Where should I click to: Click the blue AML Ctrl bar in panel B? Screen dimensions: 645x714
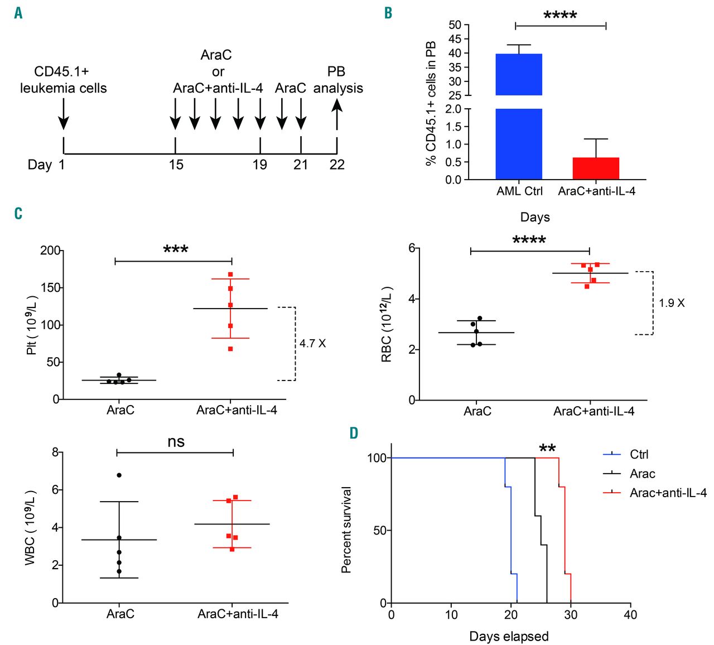click(519, 117)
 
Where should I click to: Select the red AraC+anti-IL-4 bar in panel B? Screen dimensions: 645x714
click(596, 168)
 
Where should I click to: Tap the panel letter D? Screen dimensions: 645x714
click(354, 434)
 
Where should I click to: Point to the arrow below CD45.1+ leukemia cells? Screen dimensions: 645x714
click(64, 114)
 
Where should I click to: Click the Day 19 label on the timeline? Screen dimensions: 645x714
click(260, 165)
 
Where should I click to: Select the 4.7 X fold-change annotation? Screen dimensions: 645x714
click(312, 344)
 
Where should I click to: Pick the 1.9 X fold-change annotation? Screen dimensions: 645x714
click(672, 304)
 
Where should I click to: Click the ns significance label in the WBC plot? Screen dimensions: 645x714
click(176, 442)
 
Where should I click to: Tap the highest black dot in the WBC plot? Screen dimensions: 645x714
click(119, 475)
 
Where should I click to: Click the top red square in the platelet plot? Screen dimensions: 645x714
click(230, 275)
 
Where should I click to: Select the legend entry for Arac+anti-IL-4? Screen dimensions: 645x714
click(668, 493)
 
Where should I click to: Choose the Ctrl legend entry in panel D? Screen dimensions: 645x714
click(639, 455)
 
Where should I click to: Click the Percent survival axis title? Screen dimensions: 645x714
click(346, 530)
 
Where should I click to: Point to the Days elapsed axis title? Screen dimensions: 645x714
click(509, 637)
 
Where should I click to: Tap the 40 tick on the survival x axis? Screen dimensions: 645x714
click(630, 615)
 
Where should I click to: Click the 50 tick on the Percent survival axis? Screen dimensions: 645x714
click(380, 530)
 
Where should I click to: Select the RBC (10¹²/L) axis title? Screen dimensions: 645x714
click(387, 324)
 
